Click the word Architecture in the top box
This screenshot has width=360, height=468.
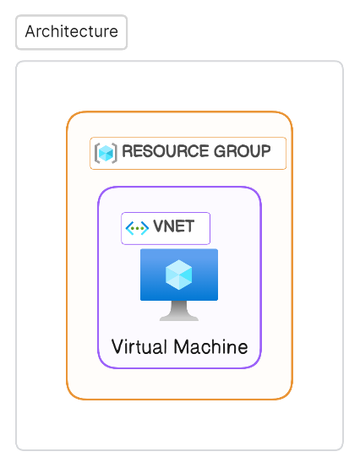coord(72,31)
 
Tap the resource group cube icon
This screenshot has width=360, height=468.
coord(106,153)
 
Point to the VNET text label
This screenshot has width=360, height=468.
coord(174,226)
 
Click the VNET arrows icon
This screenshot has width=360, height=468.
coord(137,228)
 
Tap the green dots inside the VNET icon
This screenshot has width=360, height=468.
coord(137,228)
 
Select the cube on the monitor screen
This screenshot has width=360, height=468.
coord(179,275)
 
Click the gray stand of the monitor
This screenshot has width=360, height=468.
coord(179,311)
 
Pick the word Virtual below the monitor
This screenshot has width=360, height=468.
coord(139,347)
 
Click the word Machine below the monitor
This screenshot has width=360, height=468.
coord(210,347)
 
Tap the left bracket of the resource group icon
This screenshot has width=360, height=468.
coord(96,153)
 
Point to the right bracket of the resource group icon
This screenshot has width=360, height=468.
coord(115,153)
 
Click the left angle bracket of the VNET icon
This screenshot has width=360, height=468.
coord(128,228)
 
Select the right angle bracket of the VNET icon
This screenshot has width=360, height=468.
coord(145,228)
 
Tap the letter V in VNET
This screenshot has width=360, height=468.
coord(159,226)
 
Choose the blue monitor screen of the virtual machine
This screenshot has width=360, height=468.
coord(179,275)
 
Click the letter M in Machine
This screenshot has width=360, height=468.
coord(181,347)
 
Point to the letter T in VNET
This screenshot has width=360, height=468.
coord(190,226)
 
